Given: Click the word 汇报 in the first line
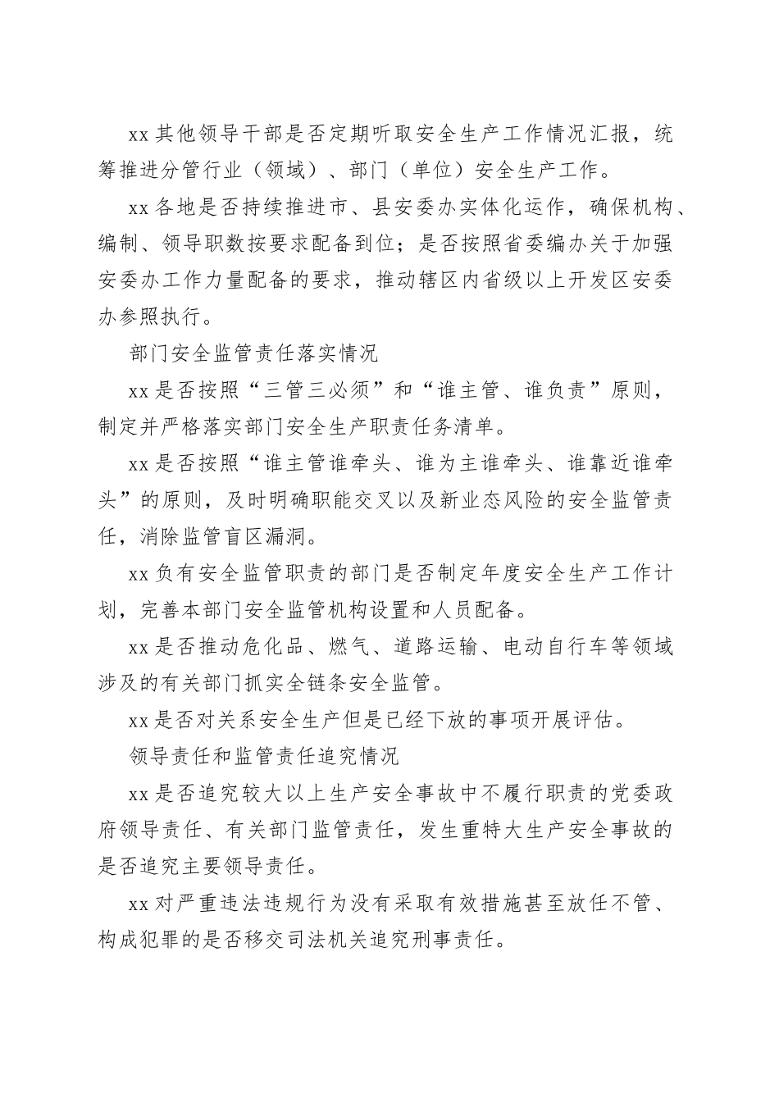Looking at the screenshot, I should coord(608,134).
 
